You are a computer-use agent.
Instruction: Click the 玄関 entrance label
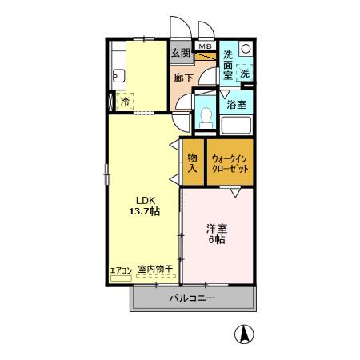pyautogui.click(x=181, y=54)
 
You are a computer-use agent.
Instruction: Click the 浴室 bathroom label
pyautogui.click(x=235, y=104)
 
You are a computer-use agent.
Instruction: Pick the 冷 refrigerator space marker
pyautogui.click(x=124, y=101)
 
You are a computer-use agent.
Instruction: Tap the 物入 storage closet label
pyautogui.click(x=193, y=163)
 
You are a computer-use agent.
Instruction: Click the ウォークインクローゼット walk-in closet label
pyautogui.click(x=230, y=163)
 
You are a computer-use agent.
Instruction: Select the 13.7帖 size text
pyautogui.click(x=145, y=212)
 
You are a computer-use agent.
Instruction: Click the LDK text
pyautogui.click(x=144, y=200)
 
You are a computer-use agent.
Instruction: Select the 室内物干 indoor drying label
pyautogui.click(x=155, y=270)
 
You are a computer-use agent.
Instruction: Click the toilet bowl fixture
pyautogui.click(x=206, y=116)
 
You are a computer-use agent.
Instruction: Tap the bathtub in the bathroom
pyautogui.click(x=236, y=126)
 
